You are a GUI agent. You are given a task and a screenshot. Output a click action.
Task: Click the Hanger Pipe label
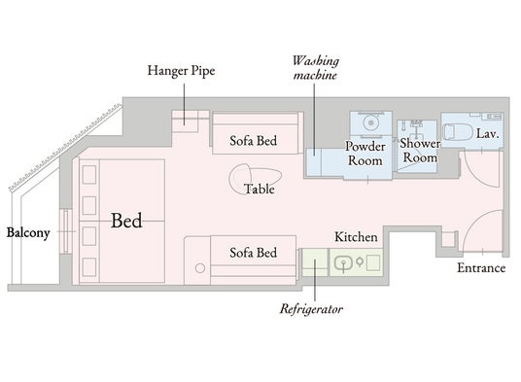pyautogui.click(x=181, y=71)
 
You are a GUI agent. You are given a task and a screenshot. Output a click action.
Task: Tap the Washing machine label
pyautogui.click(x=315, y=68)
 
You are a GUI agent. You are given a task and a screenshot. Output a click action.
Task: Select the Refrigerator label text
pyautogui.click(x=311, y=309)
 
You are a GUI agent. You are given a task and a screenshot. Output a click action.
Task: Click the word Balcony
pyautogui.click(x=28, y=233)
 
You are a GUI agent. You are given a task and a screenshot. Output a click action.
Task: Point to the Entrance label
pyautogui.click(x=481, y=267)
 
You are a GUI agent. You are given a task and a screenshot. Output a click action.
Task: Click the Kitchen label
pyautogui.click(x=356, y=237)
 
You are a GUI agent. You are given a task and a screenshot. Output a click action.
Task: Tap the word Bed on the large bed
pyautogui.click(x=126, y=221)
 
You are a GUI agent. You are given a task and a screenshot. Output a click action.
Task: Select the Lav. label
pyautogui.click(x=488, y=133)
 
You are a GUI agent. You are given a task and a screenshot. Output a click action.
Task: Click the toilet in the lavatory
pyautogui.click(x=458, y=132)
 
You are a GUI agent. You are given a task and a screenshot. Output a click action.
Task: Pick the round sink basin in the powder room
pyautogui.click(x=370, y=122)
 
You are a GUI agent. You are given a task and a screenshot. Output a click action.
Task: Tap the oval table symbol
pyautogui.click(x=256, y=179)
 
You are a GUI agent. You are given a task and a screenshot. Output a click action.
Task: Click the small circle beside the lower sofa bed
pyautogui.click(x=200, y=268)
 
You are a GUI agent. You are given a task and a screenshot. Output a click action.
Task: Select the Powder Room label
pyautogui.click(x=365, y=154)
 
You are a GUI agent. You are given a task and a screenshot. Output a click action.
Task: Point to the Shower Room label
pyautogui.click(x=420, y=150)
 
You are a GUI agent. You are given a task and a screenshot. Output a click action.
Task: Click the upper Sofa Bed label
pyautogui.click(x=253, y=141)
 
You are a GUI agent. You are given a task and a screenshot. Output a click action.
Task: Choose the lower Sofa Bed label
pyautogui.click(x=253, y=253)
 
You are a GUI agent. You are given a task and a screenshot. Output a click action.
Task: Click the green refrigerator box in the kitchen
pyautogui.click(x=315, y=262)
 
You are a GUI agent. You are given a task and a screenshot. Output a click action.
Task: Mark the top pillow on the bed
pyautogui.click(x=89, y=175)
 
